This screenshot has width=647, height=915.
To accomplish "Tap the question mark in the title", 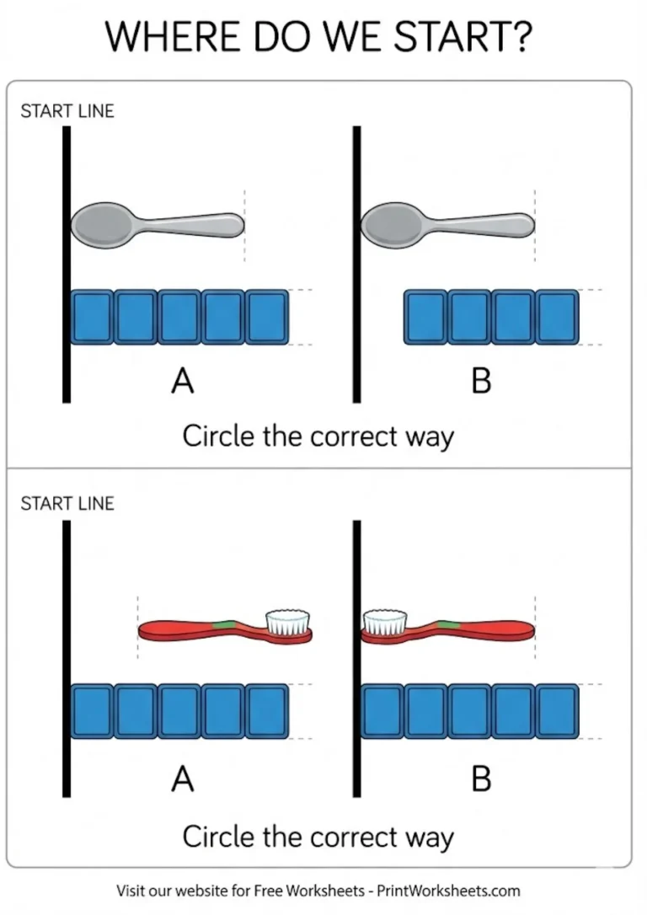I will [x=527, y=37].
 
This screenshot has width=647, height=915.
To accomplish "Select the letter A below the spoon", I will [x=183, y=383].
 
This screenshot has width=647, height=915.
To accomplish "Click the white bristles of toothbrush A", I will [x=287, y=622].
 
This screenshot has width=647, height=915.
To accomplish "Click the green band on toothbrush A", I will [x=222, y=624].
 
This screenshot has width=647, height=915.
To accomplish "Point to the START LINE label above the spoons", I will [x=67, y=111].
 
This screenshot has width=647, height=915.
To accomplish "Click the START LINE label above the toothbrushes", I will [x=67, y=504].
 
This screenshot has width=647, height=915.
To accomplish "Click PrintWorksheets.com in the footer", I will [x=448, y=891].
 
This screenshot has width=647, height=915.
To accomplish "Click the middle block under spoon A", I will [x=179, y=317].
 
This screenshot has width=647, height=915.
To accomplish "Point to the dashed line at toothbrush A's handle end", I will [x=136, y=628].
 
